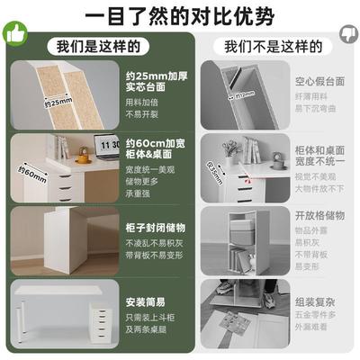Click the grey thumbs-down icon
tap(347, 34)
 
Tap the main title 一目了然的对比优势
tap(179, 16)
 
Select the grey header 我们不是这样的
tap(265, 47)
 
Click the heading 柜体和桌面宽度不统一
tap(321, 149)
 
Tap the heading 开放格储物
tap(320, 217)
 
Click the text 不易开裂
tap(142, 115)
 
